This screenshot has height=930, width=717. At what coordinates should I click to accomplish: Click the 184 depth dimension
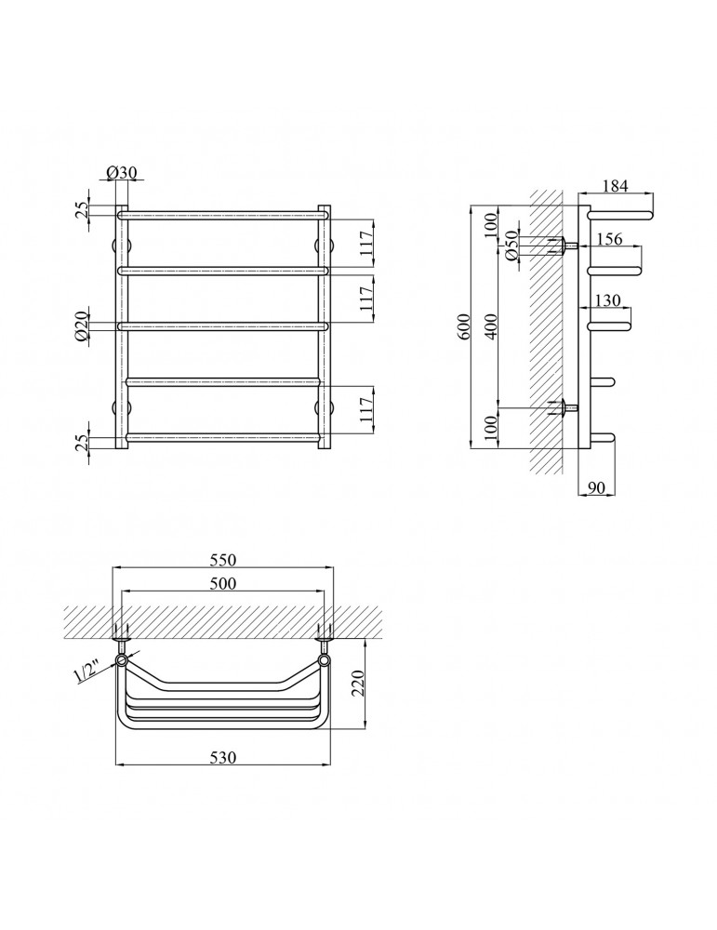pyautogui.click(x=616, y=185)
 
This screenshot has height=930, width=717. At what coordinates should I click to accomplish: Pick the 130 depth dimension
pyautogui.click(x=605, y=300)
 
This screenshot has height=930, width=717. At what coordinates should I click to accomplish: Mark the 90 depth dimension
pyautogui.click(x=598, y=487)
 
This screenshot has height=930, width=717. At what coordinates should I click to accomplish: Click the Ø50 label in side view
pyautogui.click(x=511, y=246)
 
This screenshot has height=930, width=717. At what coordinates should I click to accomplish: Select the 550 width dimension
pyautogui.click(x=223, y=560)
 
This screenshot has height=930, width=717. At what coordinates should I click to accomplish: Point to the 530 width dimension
pyautogui.click(x=223, y=758)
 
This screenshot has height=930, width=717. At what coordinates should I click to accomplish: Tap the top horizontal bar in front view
pyautogui.click(x=223, y=215)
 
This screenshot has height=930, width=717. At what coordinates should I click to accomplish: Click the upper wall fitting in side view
pyautogui.click(x=564, y=246)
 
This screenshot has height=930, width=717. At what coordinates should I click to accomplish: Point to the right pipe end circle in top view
pyautogui.click(x=324, y=660)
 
